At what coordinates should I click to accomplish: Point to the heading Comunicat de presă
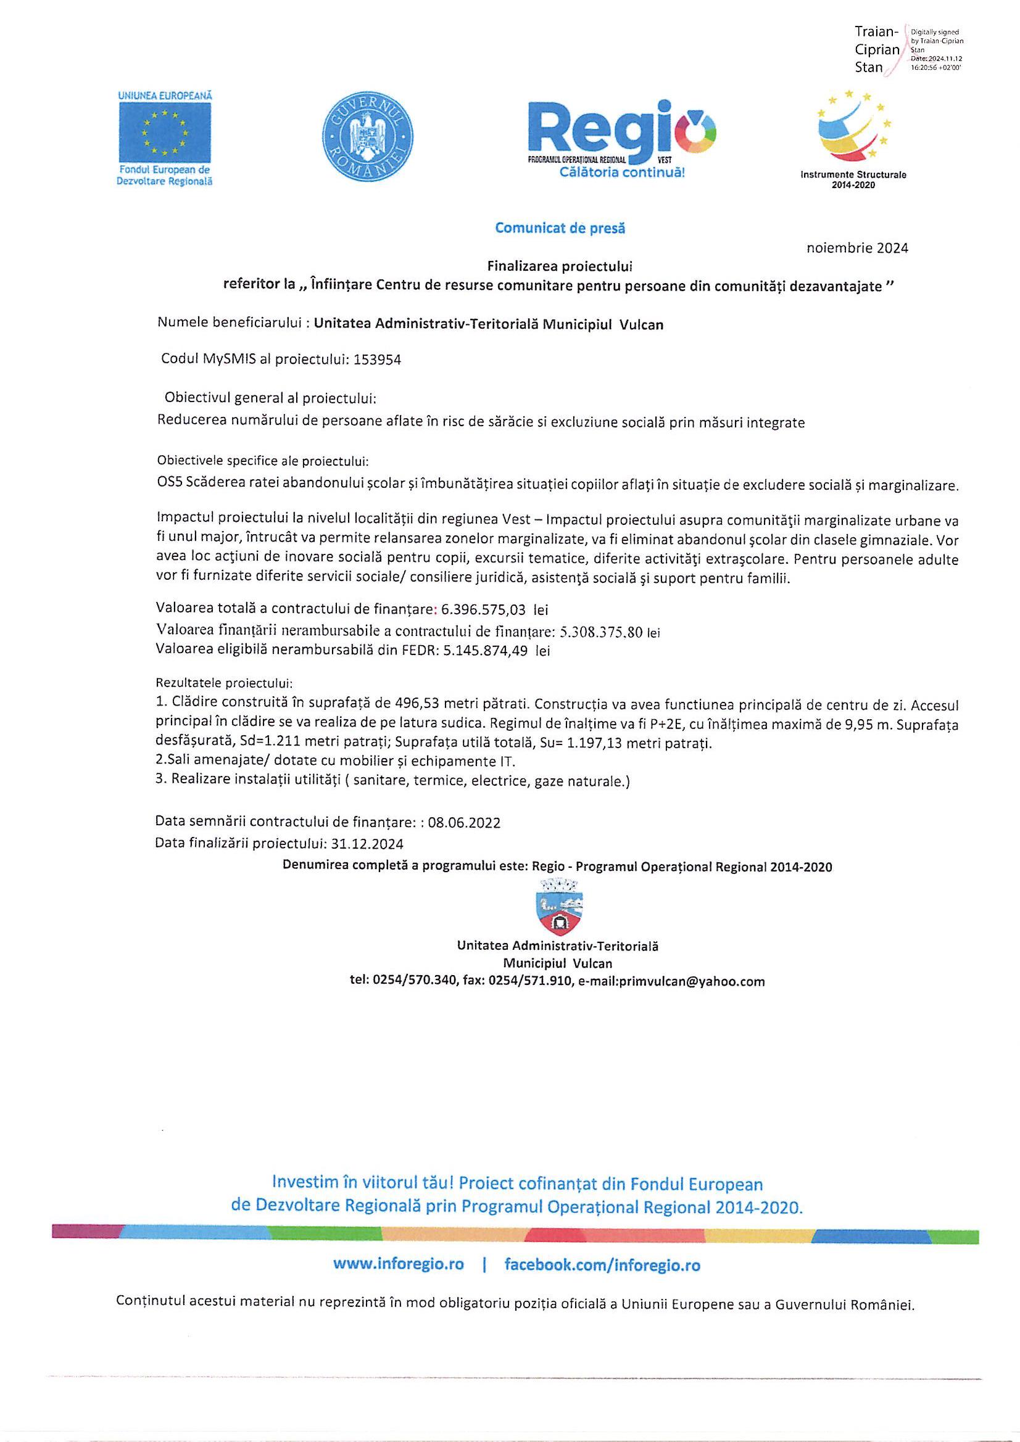click(560, 228)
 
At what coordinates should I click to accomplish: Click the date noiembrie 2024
click(856, 248)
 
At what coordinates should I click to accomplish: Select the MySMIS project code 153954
click(378, 360)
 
